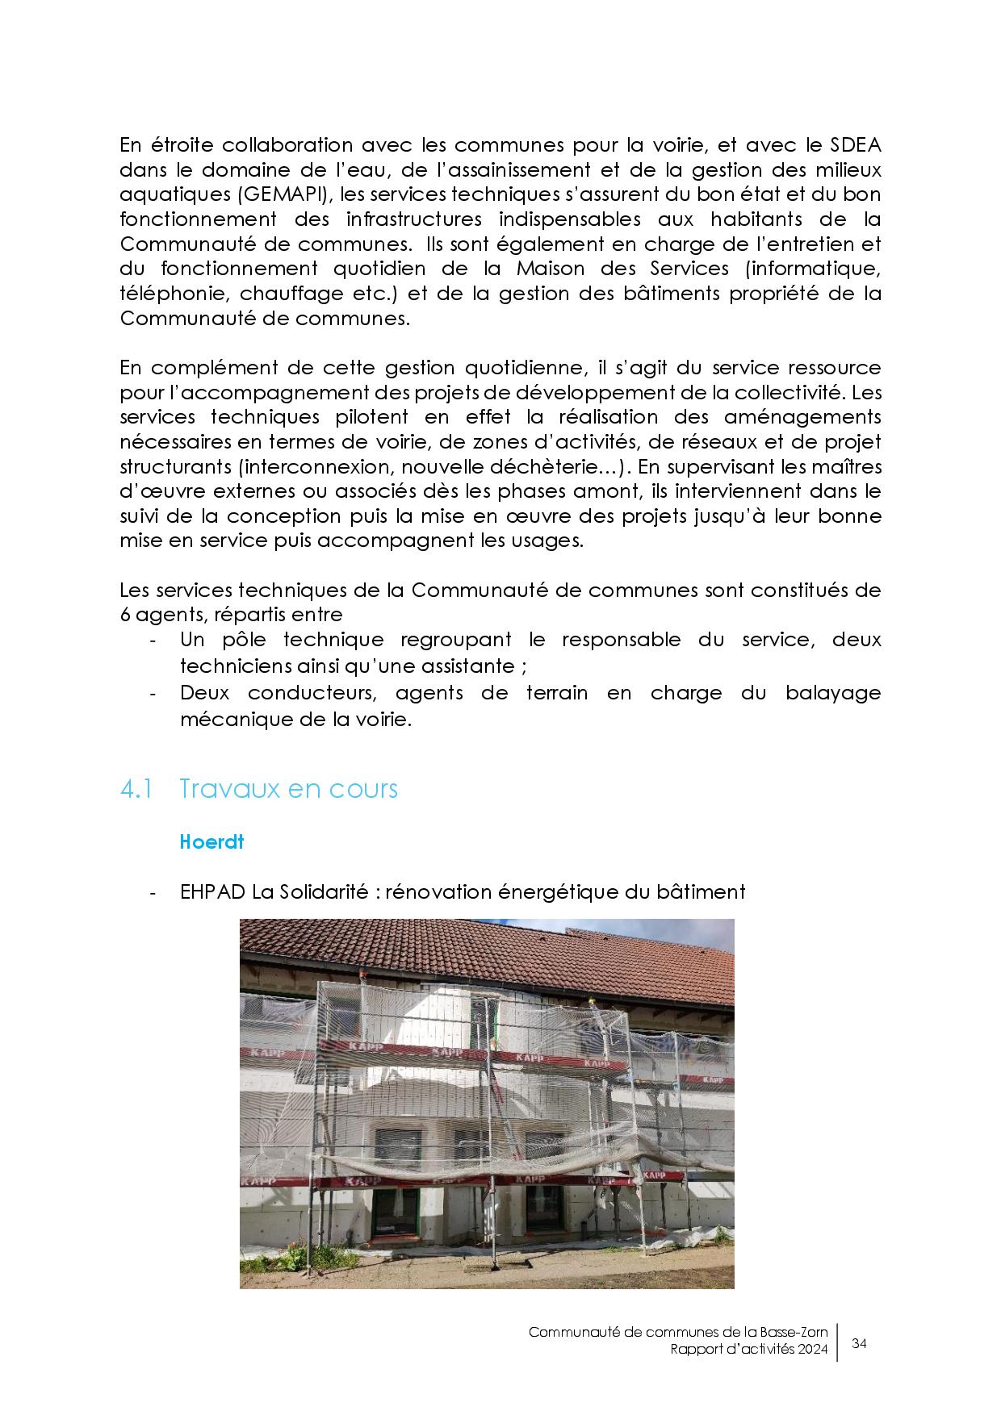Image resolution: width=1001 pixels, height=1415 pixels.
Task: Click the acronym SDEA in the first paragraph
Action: (855, 145)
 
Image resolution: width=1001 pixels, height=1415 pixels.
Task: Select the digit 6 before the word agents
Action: (125, 614)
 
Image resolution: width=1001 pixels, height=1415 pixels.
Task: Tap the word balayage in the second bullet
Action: (832, 692)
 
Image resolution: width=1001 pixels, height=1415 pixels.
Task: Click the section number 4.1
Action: (136, 788)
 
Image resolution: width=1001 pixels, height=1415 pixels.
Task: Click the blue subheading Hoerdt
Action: (212, 841)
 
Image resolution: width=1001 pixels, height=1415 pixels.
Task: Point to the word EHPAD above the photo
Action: (212, 891)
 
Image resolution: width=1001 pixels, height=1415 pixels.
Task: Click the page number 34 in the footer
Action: (859, 1343)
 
